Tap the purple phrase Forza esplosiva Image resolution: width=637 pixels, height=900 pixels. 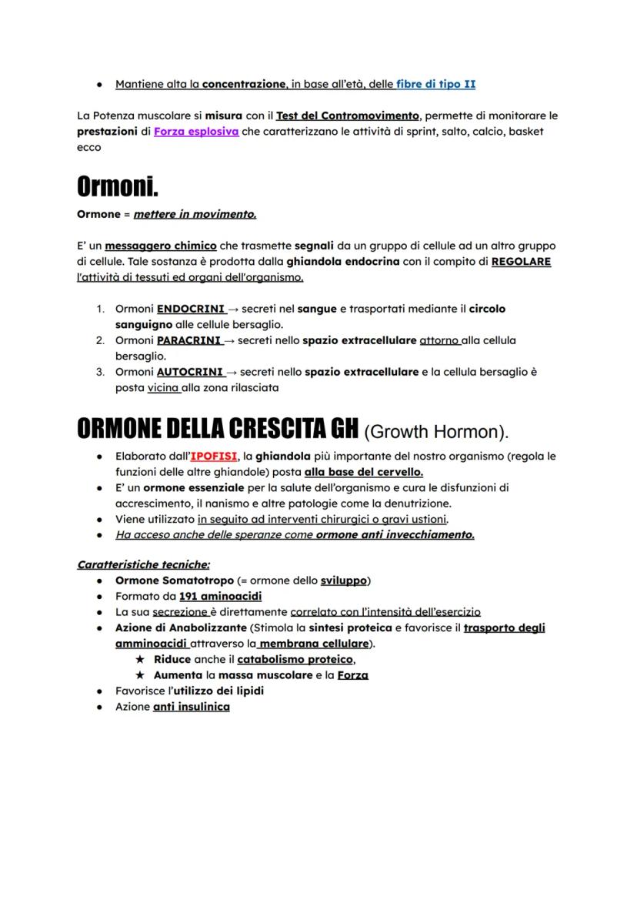195,132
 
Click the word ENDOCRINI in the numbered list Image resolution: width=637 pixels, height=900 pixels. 190,309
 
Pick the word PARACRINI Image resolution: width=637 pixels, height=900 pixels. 189,340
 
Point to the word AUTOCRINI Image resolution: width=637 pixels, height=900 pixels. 189,372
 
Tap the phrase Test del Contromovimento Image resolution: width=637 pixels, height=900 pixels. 348,115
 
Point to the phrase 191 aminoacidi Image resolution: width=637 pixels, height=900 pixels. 220,597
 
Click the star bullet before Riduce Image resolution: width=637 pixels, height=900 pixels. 140,659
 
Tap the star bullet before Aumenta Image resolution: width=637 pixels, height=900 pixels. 140,675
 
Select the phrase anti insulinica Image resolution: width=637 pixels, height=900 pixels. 191,707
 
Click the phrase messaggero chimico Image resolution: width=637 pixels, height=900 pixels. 161,246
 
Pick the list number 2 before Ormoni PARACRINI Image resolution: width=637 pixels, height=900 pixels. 100,340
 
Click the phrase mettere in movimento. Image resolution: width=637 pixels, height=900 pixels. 195,214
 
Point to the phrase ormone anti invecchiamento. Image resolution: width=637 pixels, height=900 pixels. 395,535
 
